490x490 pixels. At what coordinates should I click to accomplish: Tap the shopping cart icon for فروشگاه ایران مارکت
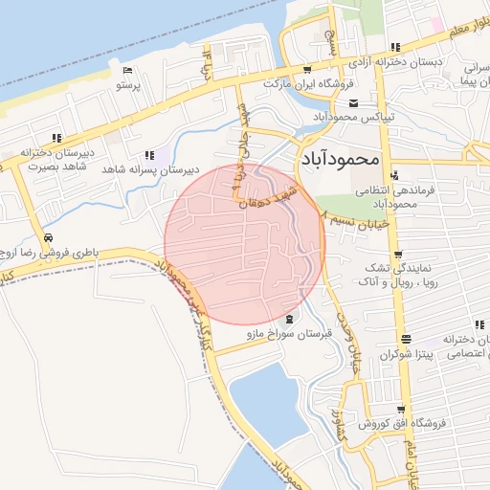click(306, 69)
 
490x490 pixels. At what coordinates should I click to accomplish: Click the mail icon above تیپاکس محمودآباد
click(353, 102)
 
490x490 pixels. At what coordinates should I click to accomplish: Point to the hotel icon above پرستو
click(128, 71)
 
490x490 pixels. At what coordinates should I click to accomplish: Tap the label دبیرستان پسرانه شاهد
click(152, 169)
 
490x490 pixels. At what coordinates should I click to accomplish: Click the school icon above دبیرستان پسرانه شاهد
click(149, 155)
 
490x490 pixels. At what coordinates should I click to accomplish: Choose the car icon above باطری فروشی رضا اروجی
click(48, 237)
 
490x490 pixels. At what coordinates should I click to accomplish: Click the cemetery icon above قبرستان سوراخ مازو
click(290, 319)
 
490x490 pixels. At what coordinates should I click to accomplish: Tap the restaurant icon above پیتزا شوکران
click(407, 339)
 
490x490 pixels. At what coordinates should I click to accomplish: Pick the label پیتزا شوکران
click(406, 354)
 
